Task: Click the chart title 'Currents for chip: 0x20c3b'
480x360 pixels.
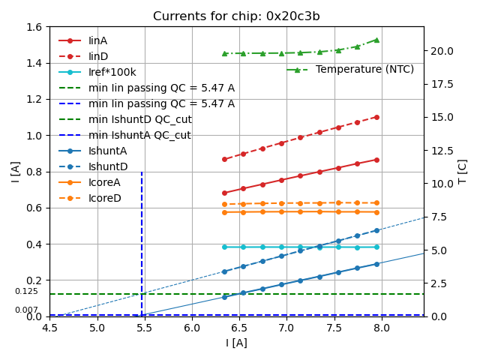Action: [x=236, y=16]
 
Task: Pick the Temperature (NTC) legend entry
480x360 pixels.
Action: [x=364, y=69]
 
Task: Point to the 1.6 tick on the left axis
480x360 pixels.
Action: [x=35, y=27]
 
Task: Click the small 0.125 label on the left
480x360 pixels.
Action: [x=26, y=291]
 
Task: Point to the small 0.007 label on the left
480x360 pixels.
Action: [x=26, y=310]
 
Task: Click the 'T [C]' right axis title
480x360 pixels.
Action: [x=463, y=172]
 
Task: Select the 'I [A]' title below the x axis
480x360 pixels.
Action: [x=236, y=343]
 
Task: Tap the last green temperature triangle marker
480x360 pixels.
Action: [x=376, y=40]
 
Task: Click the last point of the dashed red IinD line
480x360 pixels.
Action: [x=376, y=117]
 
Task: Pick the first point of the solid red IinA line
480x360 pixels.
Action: [x=224, y=193]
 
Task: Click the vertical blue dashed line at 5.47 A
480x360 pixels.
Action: [x=142, y=240]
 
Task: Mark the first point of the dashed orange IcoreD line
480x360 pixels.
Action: [x=224, y=204]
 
